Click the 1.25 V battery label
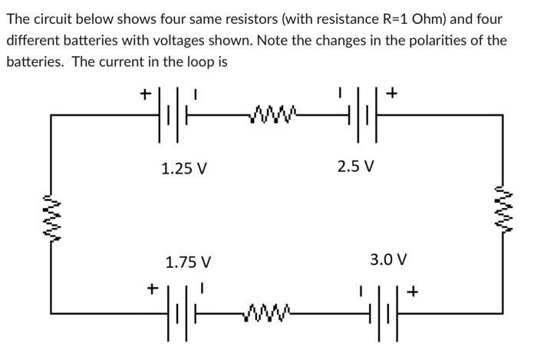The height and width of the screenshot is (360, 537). click(x=184, y=168)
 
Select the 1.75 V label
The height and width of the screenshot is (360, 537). click(x=188, y=263)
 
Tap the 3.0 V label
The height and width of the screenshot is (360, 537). click(x=388, y=259)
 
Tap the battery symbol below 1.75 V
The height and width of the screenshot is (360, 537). click(x=174, y=312)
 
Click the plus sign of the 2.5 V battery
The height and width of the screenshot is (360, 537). click(x=392, y=94)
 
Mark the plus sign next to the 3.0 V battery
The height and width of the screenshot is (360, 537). click(x=414, y=292)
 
